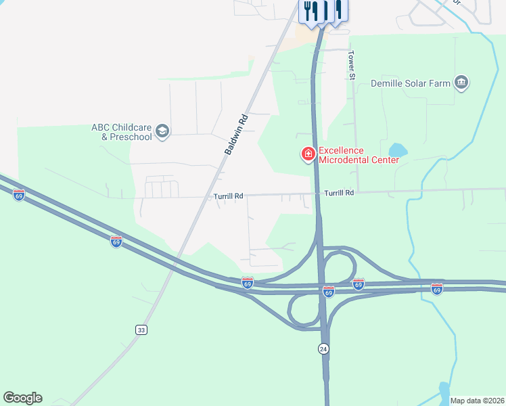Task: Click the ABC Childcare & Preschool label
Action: pos(122,132)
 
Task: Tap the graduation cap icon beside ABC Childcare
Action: pos(162,131)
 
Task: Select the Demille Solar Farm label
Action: pos(411,83)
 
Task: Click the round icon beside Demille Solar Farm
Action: pos(462,83)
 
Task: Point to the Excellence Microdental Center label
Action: pos(350,155)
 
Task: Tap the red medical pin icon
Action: pos(308,155)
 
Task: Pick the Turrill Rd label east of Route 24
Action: pos(339,193)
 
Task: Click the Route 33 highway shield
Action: pos(141,330)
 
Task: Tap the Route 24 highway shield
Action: pos(323,348)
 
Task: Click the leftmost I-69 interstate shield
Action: pos(19,196)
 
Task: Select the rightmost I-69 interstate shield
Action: pos(437,289)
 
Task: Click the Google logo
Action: pos(22,398)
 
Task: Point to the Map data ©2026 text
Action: pos(477,401)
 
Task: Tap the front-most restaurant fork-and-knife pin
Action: pos(311,12)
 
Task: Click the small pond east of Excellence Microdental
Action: pos(398,150)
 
